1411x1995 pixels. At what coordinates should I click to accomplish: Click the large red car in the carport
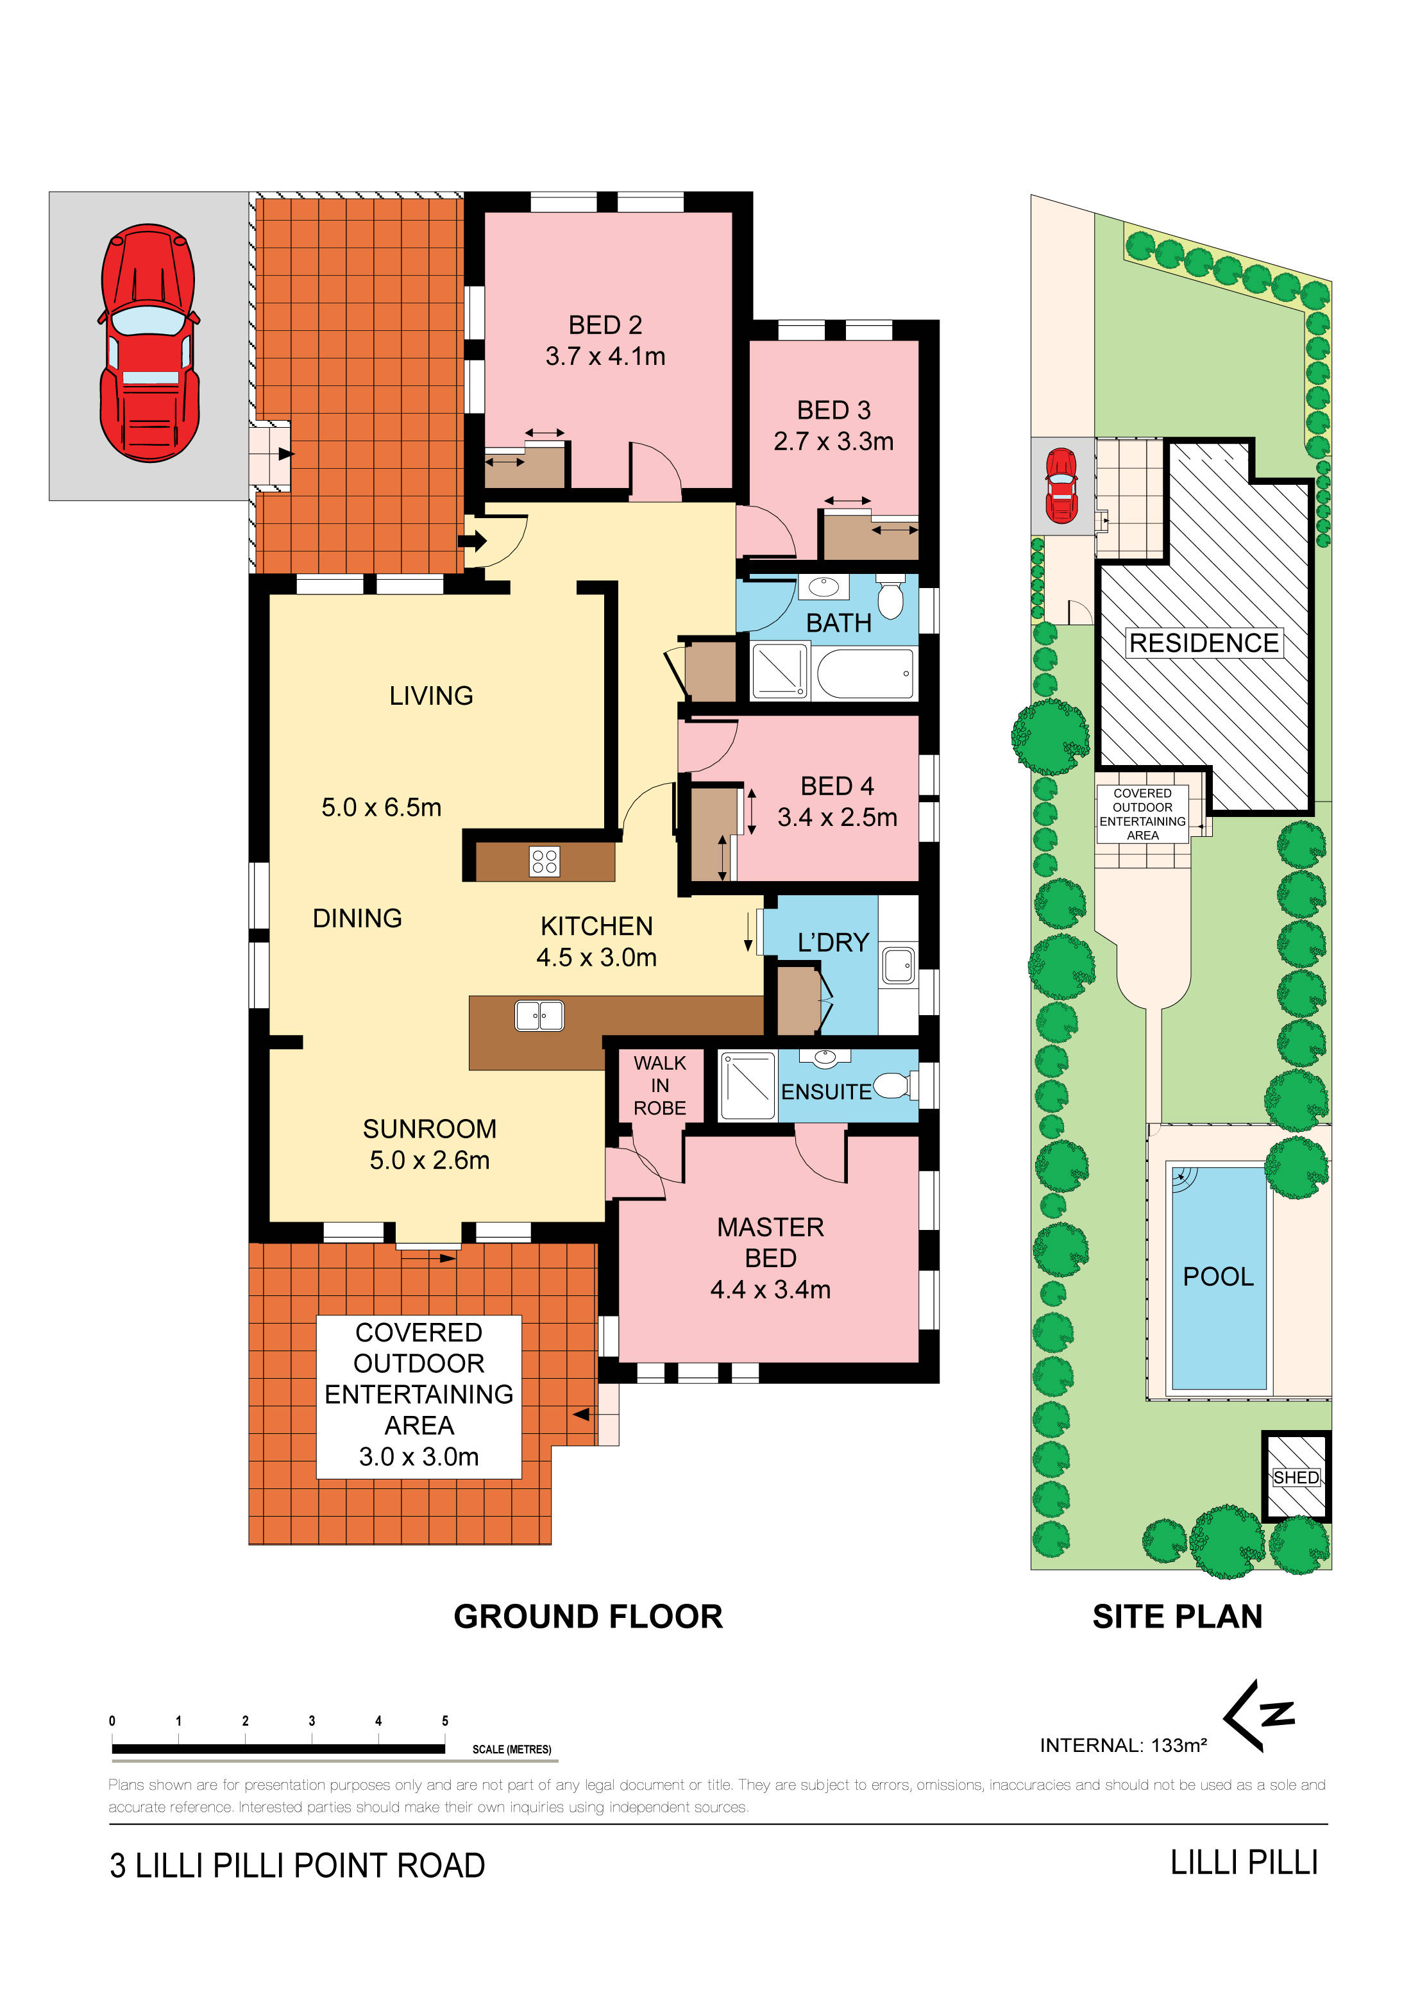click(149, 343)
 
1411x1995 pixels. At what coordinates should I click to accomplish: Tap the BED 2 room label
click(605, 325)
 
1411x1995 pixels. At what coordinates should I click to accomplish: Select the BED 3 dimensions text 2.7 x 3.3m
click(834, 441)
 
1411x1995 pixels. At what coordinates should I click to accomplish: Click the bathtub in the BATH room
click(865, 673)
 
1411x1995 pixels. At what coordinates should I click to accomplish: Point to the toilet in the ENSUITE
click(892, 1085)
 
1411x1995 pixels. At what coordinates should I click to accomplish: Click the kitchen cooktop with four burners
click(545, 861)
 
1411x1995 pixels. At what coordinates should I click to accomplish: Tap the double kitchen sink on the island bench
click(539, 1016)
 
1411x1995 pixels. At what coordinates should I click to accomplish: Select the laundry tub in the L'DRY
click(899, 965)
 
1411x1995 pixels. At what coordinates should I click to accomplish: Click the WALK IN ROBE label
click(659, 1085)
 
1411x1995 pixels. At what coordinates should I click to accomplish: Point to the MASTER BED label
click(771, 1243)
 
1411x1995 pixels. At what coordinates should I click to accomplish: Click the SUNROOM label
click(430, 1129)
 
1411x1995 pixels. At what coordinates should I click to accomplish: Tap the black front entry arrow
click(473, 541)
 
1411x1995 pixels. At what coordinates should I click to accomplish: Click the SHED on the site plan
click(1296, 1477)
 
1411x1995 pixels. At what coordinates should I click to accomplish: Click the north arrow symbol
click(1258, 1715)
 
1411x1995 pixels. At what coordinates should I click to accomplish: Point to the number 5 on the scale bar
click(445, 1721)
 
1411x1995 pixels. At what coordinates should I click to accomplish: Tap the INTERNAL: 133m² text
click(1124, 1745)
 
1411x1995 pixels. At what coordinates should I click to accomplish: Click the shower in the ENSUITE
click(747, 1085)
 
